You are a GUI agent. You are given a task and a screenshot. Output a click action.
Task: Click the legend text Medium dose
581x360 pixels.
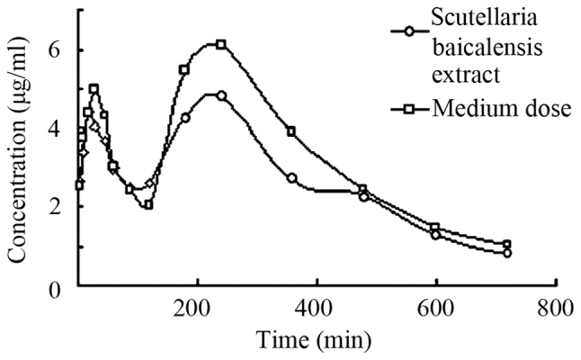[502, 109]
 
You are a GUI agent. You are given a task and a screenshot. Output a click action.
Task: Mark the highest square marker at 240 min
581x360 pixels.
[220, 44]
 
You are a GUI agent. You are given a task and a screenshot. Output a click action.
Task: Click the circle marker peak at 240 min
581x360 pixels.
[221, 94]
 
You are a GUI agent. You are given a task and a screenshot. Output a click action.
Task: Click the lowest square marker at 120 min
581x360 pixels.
[148, 204]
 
